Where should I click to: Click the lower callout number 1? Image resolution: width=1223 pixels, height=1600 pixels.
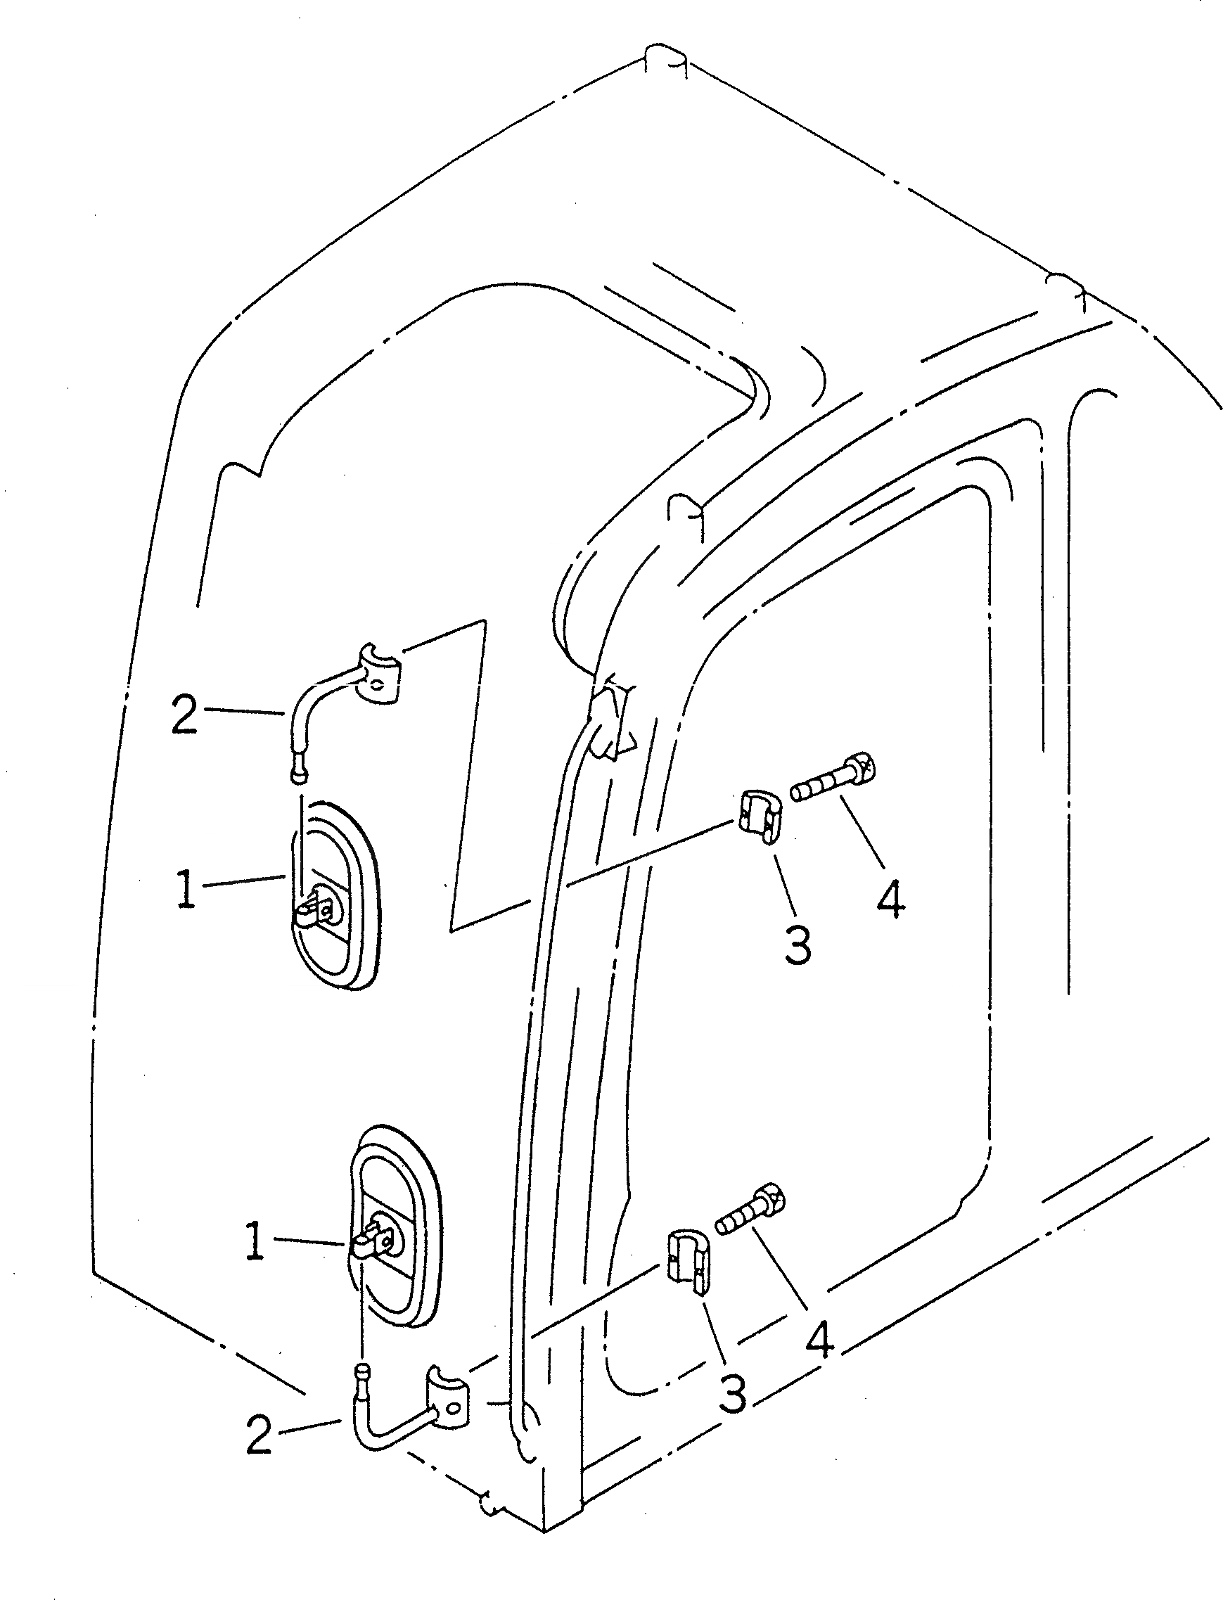tap(254, 1242)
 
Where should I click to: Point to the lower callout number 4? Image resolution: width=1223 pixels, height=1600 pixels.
tap(819, 1340)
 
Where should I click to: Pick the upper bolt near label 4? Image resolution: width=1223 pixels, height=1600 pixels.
tap(834, 781)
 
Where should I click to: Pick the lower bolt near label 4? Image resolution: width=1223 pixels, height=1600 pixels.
tap(753, 1210)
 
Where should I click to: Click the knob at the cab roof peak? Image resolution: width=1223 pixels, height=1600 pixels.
tap(665, 63)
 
